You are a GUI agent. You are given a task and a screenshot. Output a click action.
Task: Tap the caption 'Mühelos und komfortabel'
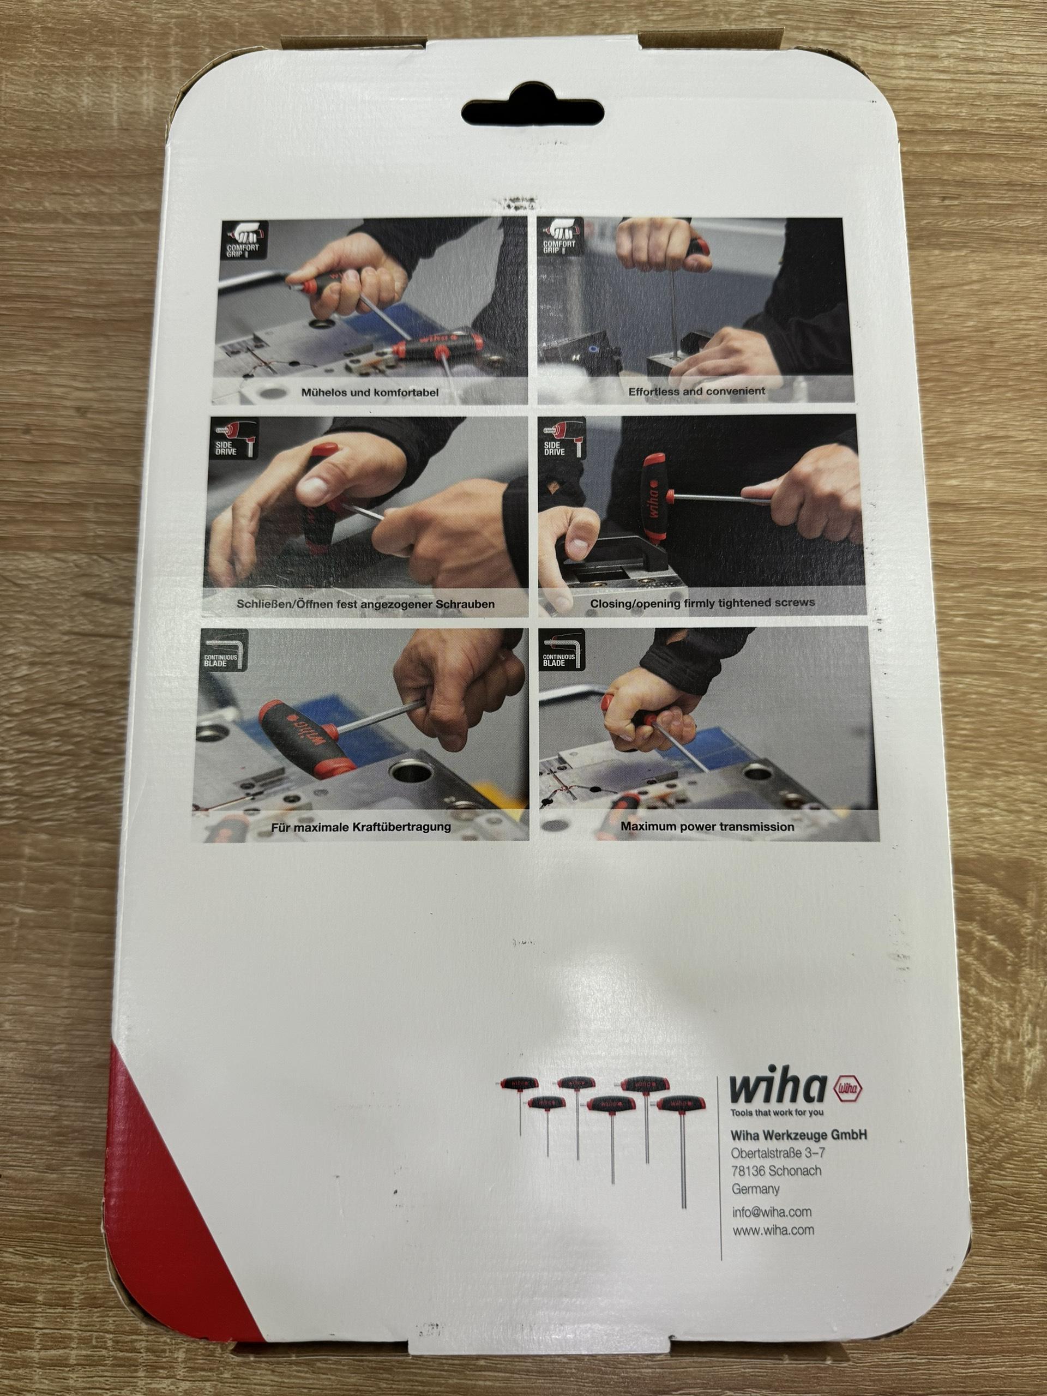point(370,392)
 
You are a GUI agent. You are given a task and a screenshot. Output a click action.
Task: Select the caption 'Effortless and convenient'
point(696,390)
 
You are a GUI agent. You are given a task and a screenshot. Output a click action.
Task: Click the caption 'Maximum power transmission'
point(707,826)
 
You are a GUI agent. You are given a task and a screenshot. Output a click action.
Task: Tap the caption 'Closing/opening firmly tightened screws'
point(702,602)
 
